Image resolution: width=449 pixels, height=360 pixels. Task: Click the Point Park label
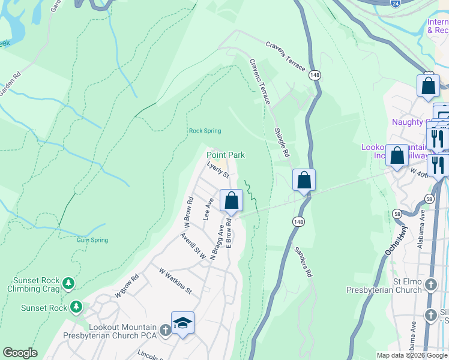coord(226,155)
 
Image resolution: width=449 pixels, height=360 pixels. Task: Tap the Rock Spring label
coord(205,131)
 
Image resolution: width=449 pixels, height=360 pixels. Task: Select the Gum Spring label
coord(92,240)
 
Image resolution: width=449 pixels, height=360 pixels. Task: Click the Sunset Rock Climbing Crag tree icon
coord(69,283)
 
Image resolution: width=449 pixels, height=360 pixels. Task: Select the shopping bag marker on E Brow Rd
coord(232,200)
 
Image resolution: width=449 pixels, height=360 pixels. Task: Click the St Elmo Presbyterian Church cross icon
coord(431,284)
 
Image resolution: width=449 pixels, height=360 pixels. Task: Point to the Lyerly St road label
coord(218,169)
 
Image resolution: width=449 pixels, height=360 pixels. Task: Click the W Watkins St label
coord(175,281)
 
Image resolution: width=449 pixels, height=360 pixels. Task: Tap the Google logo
coord(20,353)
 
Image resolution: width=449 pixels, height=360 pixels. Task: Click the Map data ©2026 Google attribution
coord(412,355)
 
